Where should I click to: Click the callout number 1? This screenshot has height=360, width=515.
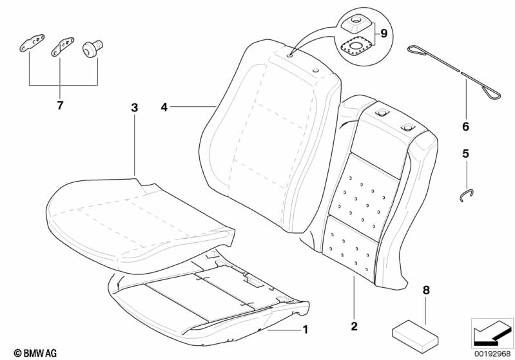(x=305, y=330)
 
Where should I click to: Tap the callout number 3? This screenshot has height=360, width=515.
(x=134, y=108)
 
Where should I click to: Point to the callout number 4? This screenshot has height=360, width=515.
(x=164, y=108)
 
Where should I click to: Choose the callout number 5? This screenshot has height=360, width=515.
(x=465, y=154)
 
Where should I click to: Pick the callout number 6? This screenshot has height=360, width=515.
(x=465, y=126)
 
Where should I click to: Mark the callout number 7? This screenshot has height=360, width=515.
(x=60, y=106)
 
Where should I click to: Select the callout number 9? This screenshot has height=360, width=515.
(x=384, y=33)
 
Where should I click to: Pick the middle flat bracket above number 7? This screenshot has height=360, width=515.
(x=62, y=45)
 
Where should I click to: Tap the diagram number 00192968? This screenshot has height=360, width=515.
(x=492, y=354)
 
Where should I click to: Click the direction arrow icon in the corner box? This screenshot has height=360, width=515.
(x=491, y=333)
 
